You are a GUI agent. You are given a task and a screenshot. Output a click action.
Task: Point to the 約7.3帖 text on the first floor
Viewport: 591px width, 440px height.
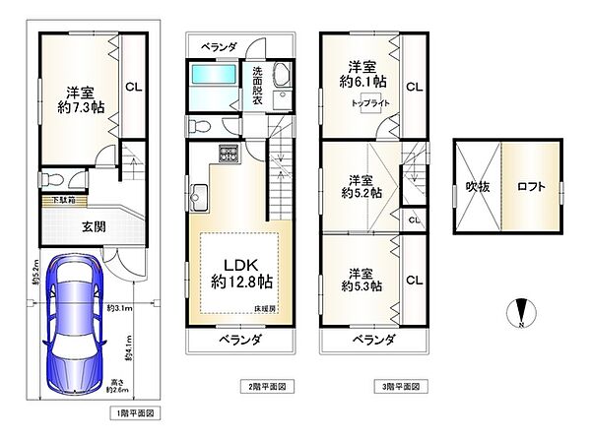pyautogui.click(x=73, y=108)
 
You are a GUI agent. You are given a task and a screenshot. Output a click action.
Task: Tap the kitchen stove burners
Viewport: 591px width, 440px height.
pyautogui.click(x=229, y=154)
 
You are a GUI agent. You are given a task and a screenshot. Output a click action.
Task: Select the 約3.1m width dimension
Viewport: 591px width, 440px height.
pyautogui.click(x=118, y=309)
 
